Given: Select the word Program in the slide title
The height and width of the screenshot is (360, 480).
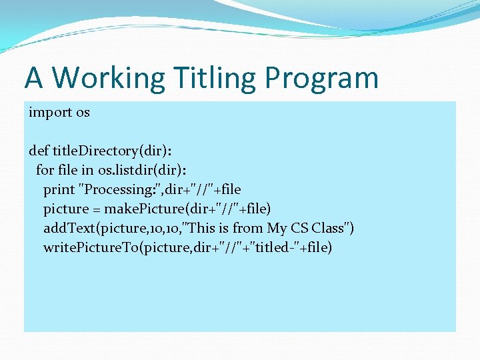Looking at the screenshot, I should [321, 78].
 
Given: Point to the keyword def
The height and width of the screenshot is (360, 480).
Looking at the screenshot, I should [39, 151].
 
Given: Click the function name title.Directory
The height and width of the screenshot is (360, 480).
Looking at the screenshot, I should [95, 151].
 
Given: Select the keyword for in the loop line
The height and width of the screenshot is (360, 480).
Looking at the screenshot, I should [45, 170].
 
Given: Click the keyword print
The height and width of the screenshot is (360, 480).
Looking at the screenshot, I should [59, 189].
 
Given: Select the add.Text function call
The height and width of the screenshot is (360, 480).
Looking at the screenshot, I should [69, 228].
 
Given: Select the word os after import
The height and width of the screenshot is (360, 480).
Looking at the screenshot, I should [83, 112].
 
